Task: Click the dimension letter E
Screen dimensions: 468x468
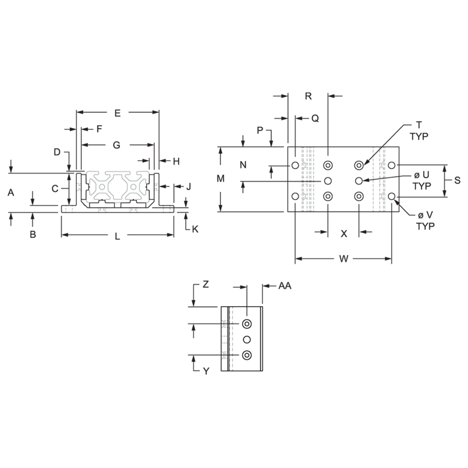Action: (x=117, y=113)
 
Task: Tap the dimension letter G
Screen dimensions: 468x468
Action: (x=117, y=146)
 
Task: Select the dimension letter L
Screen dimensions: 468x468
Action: (x=117, y=237)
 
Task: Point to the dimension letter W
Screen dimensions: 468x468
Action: (x=344, y=259)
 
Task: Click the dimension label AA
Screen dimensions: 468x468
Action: (x=285, y=286)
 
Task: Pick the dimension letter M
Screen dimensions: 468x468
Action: (x=220, y=179)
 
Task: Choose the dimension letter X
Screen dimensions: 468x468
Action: (x=344, y=234)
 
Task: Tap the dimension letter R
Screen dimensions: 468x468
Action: (x=308, y=96)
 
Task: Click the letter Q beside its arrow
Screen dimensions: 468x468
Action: (x=315, y=119)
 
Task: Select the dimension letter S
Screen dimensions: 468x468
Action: (x=457, y=180)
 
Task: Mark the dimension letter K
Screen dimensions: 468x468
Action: (x=195, y=229)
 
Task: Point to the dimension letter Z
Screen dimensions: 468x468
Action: (x=205, y=285)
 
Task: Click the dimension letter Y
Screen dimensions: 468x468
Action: (x=206, y=371)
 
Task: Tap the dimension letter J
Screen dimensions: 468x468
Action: (x=188, y=187)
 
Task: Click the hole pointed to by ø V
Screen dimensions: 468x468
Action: (x=391, y=197)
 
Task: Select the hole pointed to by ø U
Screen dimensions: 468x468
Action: (x=359, y=180)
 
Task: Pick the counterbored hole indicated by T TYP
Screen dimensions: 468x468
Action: (x=359, y=165)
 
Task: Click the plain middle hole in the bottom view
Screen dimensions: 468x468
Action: (x=247, y=340)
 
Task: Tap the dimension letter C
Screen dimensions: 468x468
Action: (x=55, y=189)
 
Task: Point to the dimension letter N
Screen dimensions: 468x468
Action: (x=243, y=165)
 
